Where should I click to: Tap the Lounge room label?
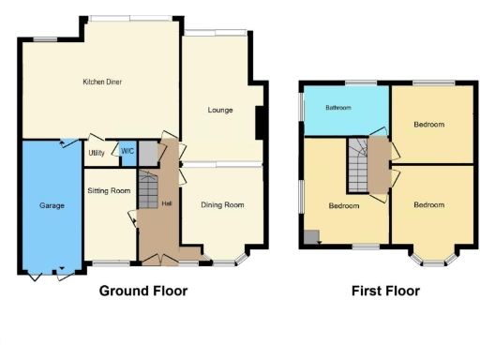point(221,110)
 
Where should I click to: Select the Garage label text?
point(52,204)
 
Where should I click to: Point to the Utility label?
point(96,152)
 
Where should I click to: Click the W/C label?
point(127,151)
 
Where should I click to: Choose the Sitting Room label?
point(109,190)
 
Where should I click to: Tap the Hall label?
point(166,205)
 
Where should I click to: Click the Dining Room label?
point(222,204)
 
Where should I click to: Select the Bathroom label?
point(337,108)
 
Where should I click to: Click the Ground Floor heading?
point(143,291)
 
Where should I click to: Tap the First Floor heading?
point(385,291)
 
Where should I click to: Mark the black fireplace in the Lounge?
point(260,122)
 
